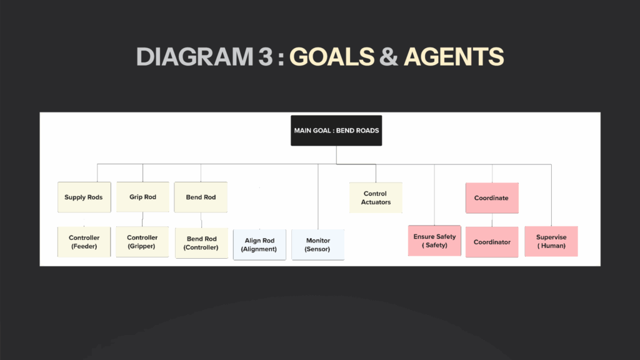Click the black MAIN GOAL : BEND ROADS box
(x=336, y=131)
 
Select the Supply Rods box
(x=84, y=197)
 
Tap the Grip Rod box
(x=143, y=197)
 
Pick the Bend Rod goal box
(x=201, y=197)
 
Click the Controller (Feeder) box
(x=84, y=242)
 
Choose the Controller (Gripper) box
(x=142, y=242)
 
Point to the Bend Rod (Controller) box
(x=201, y=243)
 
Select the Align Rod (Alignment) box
(x=259, y=245)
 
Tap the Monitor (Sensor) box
(x=318, y=245)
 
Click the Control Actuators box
(x=376, y=198)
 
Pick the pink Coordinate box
(x=492, y=198)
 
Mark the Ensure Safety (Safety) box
(x=435, y=241)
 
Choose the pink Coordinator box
(x=492, y=242)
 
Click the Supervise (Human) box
(x=551, y=241)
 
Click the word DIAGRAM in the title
(x=195, y=56)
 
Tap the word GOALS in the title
(x=332, y=56)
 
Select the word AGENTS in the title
(x=454, y=56)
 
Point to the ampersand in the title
(x=389, y=56)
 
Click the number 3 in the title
(x=265, y=56)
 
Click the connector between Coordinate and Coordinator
(x=492, y=220)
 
